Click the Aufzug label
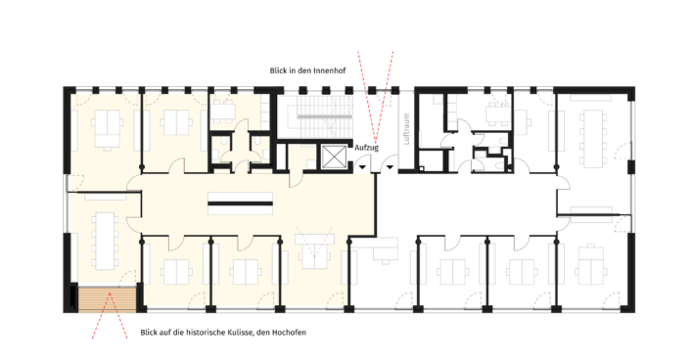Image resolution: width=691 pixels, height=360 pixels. pyautogui.click(x=366, y=148)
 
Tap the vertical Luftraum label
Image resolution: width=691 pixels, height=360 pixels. pyautogui.click(x=406, y=129)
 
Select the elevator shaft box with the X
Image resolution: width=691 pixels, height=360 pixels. pyautogui.click(x=334, y=157)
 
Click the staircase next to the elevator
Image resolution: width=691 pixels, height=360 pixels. pyautogui.click(x=325, y=114)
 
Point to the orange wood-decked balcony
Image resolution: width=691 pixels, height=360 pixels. pyautogui.click(x=107, y=299)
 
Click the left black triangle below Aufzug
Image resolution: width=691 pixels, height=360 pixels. pyautogui.click(x=362, y=167)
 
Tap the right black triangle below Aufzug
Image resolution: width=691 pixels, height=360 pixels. pyautogui.click(x=390, y=167)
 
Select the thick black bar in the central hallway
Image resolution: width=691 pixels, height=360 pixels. pyautogui.click(x=240, y=203)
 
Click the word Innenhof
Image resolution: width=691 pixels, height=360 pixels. pyautogui.click(x=332, y=70)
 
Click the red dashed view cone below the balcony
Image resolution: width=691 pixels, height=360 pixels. pyautogui.click(x=110, y=315)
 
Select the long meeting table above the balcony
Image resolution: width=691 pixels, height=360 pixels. pyautogui.click(x=105, y=241)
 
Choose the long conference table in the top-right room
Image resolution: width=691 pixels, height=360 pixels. pyautogui.click(x=593, y=138)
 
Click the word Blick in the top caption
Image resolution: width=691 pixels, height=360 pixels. pyautogui.click(x=279, y=70)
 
